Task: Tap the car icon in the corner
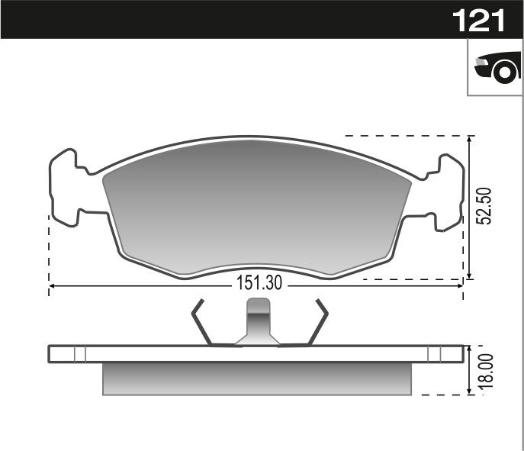point(496,68)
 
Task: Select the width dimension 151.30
point(259,283)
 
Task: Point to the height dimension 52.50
point(483,206)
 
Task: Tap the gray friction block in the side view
point(257,379)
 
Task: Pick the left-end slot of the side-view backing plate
point(79,353)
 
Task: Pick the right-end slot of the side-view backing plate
point(434,353)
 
